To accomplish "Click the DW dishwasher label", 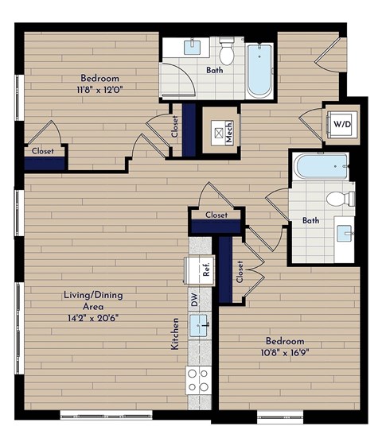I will [193, 299].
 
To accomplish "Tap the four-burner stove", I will [198, 380].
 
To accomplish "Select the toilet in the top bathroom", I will [227, 52].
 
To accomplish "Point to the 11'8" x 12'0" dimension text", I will [99, 91].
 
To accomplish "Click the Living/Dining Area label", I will [93, 300].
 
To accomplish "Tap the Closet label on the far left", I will [42, 150].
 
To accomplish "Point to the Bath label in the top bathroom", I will [215, 71].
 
